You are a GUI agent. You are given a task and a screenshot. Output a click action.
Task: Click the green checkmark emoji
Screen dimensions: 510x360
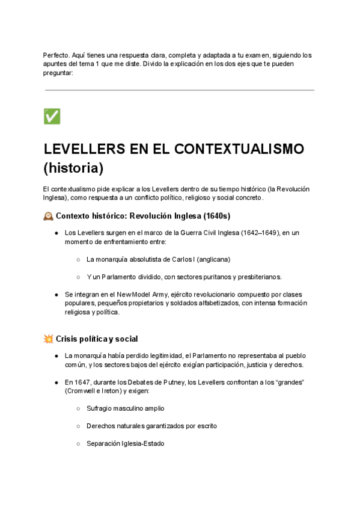52,116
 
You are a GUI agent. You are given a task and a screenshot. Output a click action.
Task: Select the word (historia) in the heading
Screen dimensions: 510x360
73,166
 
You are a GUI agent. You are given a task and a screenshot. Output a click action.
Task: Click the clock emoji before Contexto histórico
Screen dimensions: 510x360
48,215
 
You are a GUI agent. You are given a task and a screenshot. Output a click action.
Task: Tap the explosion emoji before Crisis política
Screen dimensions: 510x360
48,339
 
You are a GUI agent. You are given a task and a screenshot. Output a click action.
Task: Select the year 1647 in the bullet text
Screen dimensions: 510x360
82,382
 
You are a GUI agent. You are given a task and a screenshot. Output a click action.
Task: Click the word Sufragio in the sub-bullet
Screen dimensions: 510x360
100,408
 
